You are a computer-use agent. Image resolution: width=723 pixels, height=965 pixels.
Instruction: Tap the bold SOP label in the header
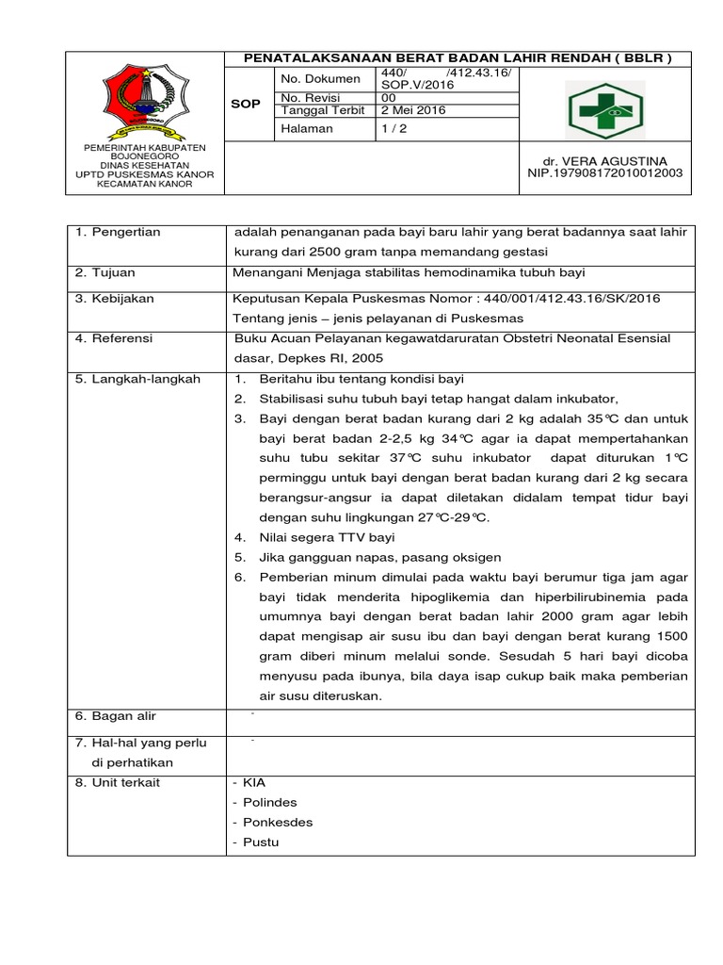(246, 104)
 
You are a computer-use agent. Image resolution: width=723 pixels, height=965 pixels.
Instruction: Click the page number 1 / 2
(390, 128)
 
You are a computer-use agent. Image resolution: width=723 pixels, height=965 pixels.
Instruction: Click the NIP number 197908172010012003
(606, 173)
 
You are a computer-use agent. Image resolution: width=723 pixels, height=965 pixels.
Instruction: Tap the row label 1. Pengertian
(118, 232)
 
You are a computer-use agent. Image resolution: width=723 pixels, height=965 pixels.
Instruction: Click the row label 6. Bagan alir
(117, 716)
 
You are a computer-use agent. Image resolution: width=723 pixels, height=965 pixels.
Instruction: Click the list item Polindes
(269, 802)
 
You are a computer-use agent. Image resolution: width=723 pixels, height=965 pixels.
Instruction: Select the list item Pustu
(261, 842)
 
